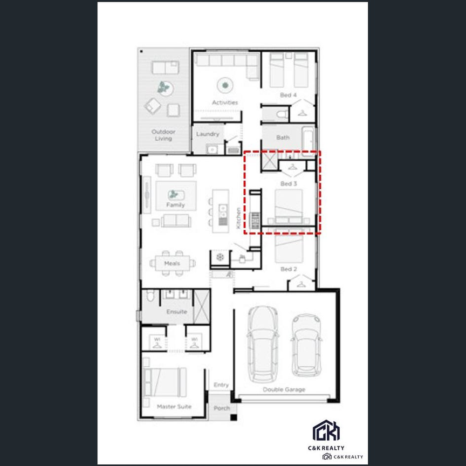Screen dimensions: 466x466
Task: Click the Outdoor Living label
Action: coord(163,135)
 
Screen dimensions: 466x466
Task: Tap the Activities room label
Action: coord(225,102)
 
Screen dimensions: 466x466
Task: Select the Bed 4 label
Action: coord(288,95)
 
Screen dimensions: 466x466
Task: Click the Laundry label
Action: coord(208,134)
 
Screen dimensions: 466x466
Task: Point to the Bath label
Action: coord(283,138)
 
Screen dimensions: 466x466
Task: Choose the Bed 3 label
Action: coord(289,184)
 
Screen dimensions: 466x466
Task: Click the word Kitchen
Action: coord(239,217)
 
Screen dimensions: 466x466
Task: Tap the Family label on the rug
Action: coord(175,205)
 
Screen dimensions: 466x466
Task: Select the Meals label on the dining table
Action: coord(172,264)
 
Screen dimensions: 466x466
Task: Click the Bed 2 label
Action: coord(289,269)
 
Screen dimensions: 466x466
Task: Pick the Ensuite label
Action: coord(176,312)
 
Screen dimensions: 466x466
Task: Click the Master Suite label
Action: coord(174,406)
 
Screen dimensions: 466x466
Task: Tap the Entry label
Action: coord(221,385)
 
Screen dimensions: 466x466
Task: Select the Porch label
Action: coord(222,408)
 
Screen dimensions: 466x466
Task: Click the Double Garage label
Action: coord(284,389)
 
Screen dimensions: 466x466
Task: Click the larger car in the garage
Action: coord(262,342)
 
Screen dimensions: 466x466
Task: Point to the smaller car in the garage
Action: coord(306,345)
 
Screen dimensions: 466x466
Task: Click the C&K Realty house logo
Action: coord(326,431)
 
